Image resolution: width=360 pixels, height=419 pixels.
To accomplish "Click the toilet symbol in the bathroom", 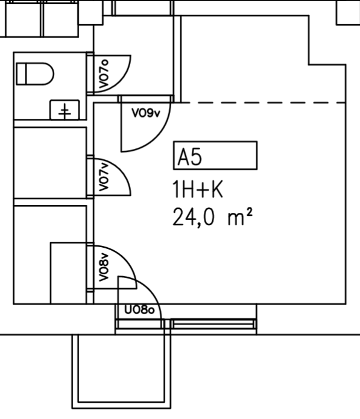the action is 35,74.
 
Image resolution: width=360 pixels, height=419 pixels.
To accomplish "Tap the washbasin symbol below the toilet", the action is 65,110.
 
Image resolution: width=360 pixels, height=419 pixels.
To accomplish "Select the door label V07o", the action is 104,74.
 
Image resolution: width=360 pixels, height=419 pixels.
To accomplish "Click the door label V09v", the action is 146,113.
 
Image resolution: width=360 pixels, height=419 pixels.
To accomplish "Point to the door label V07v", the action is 104,177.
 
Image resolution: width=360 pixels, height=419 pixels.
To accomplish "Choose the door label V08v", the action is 104,267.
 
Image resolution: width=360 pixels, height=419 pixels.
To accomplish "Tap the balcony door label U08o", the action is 139,310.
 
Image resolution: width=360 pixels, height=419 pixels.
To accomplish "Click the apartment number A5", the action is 190,157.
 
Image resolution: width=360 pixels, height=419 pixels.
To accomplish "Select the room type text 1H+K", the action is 198,189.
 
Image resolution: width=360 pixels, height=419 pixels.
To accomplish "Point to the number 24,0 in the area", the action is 194,218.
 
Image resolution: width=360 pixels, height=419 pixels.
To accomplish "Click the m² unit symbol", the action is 240,217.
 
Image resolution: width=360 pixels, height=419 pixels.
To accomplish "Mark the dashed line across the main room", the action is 264,102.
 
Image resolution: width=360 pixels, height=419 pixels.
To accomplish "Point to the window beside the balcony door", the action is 213,324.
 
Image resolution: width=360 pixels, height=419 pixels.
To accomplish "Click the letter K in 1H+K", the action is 216,189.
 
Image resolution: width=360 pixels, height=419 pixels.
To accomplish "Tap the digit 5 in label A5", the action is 197,157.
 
